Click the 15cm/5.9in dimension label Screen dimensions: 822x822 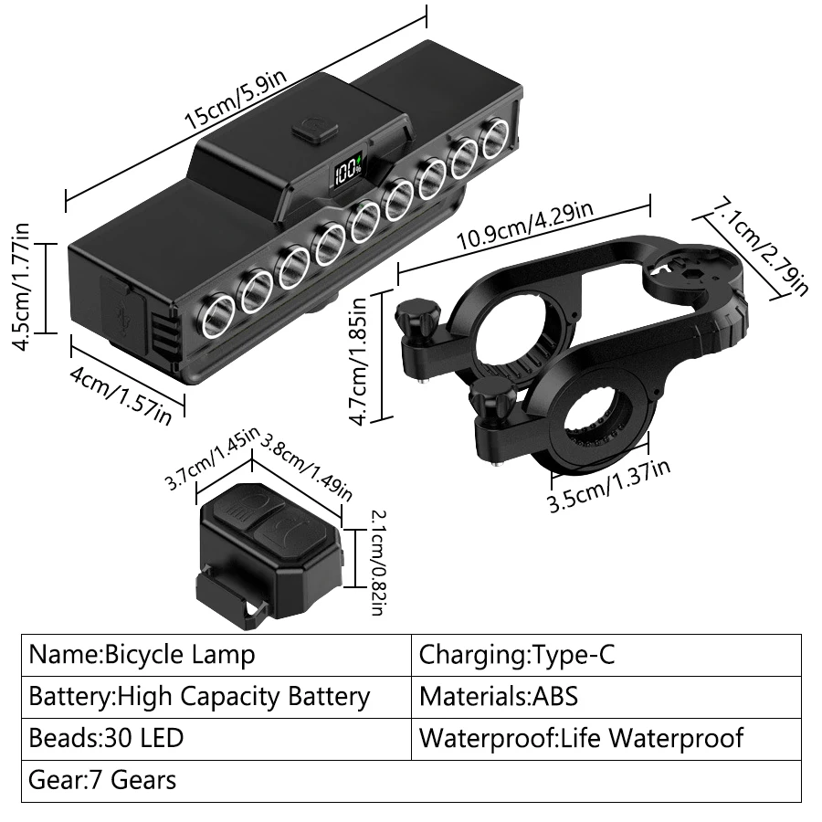[235, 100]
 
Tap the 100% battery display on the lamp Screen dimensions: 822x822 [348, 172]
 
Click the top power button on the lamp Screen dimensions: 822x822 [311, 128]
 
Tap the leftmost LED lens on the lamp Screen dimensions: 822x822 [216, 320]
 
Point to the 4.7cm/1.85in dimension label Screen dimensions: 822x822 [358, 359]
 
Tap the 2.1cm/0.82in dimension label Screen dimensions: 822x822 [376, 560]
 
